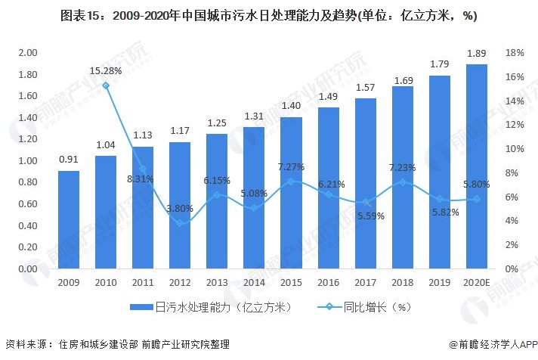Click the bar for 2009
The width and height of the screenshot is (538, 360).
(69, 219)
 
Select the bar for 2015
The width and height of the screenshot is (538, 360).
(291, 193)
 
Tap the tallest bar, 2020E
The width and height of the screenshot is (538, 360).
(476, 166)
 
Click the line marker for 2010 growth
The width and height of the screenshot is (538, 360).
(106, 85)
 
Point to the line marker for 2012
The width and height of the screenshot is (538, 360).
(180, 223)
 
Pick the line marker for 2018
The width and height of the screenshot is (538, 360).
(402, 182)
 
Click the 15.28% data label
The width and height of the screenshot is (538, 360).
(106, 70)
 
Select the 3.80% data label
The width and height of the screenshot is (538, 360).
(180, 208)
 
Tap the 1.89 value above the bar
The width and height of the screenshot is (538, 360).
(476, 53)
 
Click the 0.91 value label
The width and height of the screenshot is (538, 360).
(69, 160)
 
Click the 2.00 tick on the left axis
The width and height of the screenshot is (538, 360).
(28, 53)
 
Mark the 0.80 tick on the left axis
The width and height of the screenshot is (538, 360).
(28, 182)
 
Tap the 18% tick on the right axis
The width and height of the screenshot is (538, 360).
(515, 53)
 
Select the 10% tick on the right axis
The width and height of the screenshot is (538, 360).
(515, 149)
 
